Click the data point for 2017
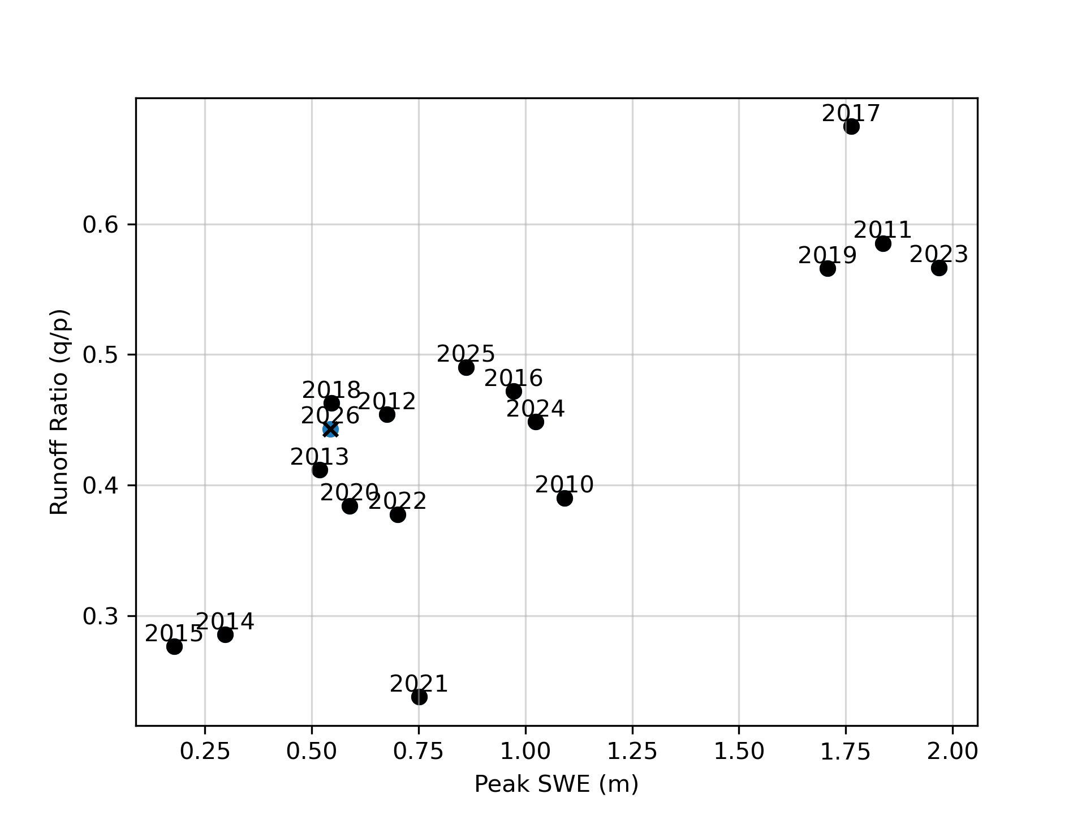point(851,127)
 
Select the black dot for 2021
point(419,697)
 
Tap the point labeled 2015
point(174,646)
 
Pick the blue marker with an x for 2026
point(330,430)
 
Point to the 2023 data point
point(939,268)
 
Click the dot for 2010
point(564,499)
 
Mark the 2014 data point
point(225,634)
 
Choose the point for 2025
point(466,368)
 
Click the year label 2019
point(827,256)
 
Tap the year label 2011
point(882,230)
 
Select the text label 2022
point(397,501)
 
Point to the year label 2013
point(320,457)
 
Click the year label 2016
point(513,378)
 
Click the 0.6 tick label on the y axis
point(101,225)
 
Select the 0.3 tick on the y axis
point(101,616)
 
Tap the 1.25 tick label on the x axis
point(632,752)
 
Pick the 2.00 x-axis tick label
point(953,752)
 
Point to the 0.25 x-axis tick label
point(205,752)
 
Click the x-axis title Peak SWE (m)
point(556,784)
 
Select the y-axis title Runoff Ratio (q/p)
point(59,411)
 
